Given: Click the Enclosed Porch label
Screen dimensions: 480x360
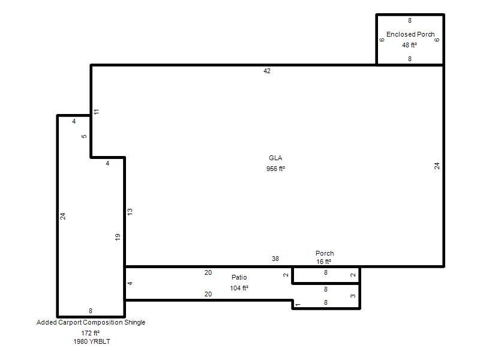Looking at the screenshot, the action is [x=410, y=34].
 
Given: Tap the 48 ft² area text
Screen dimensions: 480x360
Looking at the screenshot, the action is [x=409, y=45].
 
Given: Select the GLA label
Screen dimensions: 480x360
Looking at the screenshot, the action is [x=275, y=158].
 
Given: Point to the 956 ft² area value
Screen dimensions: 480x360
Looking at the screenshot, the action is [x=275, y=169].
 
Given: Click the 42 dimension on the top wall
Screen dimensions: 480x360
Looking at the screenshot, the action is [x=267, y=71].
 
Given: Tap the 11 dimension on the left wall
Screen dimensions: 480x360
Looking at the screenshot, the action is [x=97, y=112].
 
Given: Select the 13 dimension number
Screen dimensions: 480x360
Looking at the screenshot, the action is [x=130, y=212].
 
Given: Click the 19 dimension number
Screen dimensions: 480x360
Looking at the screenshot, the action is [x=118, y=237].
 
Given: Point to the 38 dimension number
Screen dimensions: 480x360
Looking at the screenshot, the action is [x=275, y=259].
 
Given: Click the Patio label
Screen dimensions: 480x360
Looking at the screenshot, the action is [x=239, y=277].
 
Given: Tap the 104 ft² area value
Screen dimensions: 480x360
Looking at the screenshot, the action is [x=239, y=288].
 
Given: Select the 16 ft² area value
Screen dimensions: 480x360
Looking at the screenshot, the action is [x=323, y=262].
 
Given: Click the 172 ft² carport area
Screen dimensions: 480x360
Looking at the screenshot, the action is [x=91, y=333].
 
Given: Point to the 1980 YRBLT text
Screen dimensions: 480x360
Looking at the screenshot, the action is [x=92, y=341].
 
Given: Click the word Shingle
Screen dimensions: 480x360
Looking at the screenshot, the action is [x=134, y=322].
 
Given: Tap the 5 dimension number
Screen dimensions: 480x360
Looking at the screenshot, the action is [x=84, y=137].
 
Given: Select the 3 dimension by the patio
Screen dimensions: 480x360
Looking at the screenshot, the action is [x=353, y=296].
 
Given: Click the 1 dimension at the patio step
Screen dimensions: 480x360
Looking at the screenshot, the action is [x=298, y=305].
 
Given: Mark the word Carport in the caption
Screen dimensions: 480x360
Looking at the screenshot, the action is [x=70, y=322].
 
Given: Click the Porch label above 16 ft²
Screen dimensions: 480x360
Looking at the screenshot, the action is [x=325, y=253].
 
